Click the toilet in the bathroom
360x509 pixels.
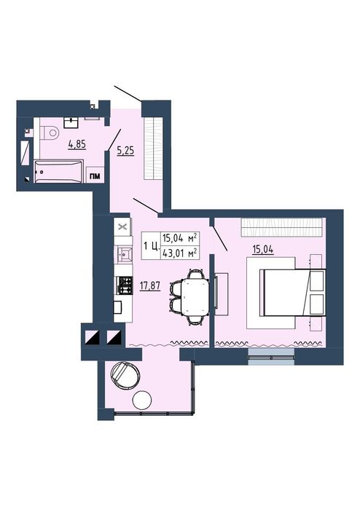tap(49, 133)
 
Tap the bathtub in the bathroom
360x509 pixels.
tap(58, 171)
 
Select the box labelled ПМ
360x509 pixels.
tap(95, 175)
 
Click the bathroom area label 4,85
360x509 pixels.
tap(77, 144)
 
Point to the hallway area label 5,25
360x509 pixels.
tap(125, 151)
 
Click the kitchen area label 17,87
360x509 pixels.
tap(150, 286)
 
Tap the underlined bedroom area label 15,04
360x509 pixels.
tap(263, 250)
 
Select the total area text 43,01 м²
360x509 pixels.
tap(180, 253)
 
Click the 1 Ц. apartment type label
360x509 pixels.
tap(151, 246)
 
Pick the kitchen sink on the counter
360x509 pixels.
tap(125, 254)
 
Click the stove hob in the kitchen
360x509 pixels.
tap(125, 285)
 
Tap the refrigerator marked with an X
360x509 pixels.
tap(123, 226)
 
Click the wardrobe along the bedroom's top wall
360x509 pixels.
tap(281, 227)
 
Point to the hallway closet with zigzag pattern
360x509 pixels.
tap(153, 148)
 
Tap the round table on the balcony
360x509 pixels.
tap(142, 401)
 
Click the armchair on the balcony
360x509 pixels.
tap(125, 374)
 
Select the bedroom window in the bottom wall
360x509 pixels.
tap(271, 357)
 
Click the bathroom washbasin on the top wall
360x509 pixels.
tap(71, 122)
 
